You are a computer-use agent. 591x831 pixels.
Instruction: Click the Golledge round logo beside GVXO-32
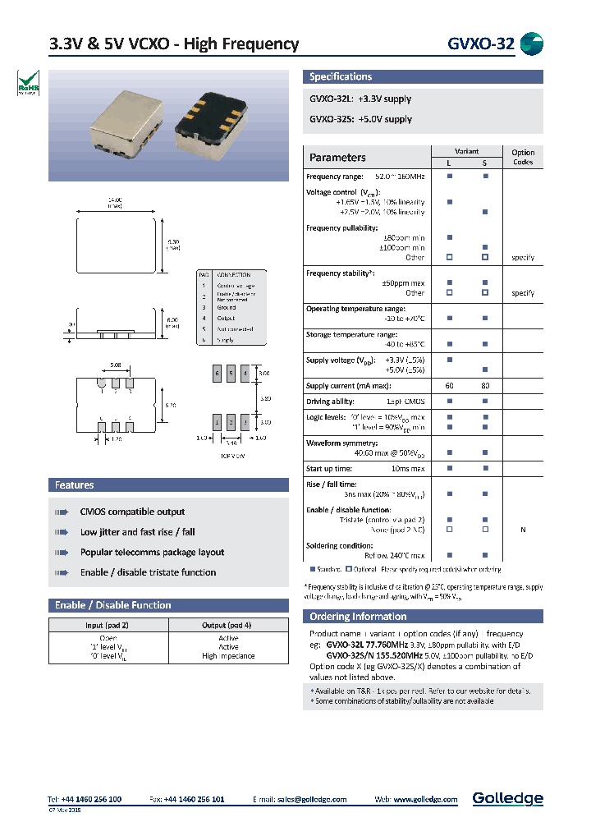[532, 44]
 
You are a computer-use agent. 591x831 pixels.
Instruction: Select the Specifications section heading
[341, 76]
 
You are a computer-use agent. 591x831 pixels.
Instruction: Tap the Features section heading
[75, 485]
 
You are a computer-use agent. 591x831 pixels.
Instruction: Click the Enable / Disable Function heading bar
[113, 605]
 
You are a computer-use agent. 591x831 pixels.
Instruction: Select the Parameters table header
[337, 158]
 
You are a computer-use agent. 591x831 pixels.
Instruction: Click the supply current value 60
[449, 386]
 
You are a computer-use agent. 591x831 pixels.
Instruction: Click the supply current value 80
[485, 386]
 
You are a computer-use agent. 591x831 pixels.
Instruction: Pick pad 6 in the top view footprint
[218, 374]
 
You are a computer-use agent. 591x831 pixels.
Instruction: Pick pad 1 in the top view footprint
[218, 422]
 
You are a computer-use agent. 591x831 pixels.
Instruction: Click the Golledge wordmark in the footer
[507, 798]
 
